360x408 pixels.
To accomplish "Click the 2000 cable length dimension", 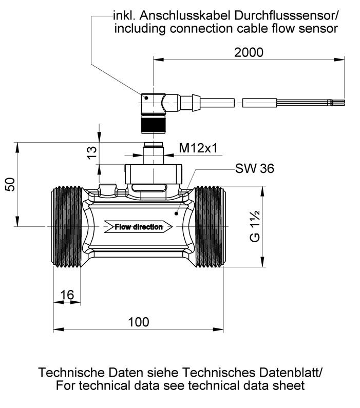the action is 249,52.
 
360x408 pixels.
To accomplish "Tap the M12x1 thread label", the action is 198,148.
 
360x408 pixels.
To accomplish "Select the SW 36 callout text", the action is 255,169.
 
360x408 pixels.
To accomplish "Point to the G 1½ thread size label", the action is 256,226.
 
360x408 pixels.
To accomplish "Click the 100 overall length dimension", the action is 139,322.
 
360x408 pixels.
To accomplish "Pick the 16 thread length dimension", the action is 67,295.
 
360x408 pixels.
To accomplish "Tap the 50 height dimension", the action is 10,184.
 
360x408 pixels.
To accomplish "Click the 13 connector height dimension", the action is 91,153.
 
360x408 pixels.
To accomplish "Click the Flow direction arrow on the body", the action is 138,227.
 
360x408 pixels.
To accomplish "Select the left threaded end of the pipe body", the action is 67,226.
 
